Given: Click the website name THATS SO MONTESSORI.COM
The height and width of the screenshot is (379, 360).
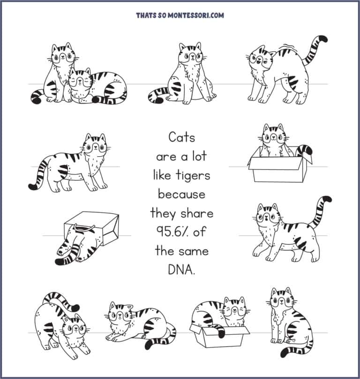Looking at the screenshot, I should (180, 15).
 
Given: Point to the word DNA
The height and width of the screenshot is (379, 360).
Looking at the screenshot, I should (180, 270).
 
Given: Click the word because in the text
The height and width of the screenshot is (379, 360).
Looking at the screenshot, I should (181, 194).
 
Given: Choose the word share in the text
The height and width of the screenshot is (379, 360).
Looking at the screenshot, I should (196, 213).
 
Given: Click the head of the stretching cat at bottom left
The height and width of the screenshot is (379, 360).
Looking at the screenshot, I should (75, 328).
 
